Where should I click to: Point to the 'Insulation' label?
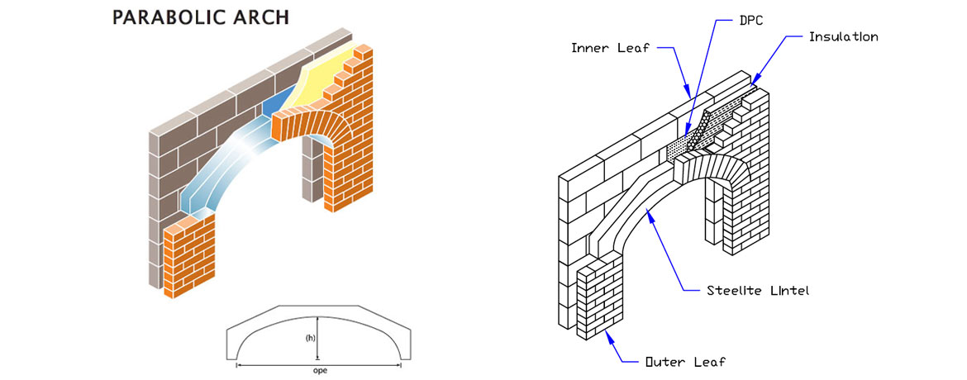843,37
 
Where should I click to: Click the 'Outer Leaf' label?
685,361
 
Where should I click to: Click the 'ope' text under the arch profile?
320,371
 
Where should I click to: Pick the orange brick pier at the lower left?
190,256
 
